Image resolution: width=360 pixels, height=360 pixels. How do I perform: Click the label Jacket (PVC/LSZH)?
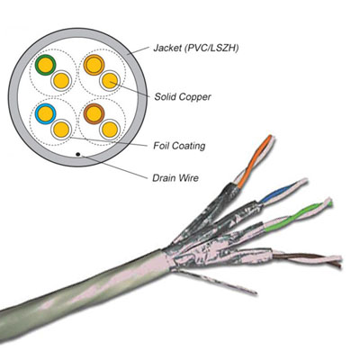(x=196, y=49)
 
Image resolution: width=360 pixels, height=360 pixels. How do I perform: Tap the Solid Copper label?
(x=183, y=97)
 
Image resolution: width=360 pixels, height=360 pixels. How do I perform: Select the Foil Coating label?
(x=179, y=146)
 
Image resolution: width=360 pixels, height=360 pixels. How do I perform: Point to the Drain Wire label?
(x=175, y=178)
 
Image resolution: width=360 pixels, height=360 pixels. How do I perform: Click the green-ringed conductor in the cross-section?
(x=45, y=65)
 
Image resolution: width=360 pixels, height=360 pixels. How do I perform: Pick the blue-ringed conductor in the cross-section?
(x=45, y=113)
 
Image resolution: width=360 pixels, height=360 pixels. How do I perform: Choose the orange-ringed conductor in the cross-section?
(x=94, y=65)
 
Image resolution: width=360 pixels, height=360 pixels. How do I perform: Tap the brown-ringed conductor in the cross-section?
(x=94, y=113)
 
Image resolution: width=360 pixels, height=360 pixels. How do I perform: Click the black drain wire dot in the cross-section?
(x=78, y=154)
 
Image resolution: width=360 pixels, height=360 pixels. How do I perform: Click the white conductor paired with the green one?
(x=61, y=80)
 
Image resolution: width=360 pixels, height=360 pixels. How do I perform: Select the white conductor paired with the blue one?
(x=61, y=130)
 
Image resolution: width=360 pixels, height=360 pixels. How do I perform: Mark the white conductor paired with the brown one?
(x=110, y=130)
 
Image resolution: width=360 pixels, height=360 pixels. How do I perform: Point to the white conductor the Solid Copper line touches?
(x=110, y=80)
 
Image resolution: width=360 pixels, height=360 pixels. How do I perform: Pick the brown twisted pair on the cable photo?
(x=307, y=259)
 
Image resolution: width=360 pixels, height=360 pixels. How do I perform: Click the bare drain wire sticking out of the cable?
(x=215, y=282)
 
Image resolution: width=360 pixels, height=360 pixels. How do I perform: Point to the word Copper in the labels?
(x=195, y=97)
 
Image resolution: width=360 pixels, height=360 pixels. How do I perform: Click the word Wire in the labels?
(x=188, y=178)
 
